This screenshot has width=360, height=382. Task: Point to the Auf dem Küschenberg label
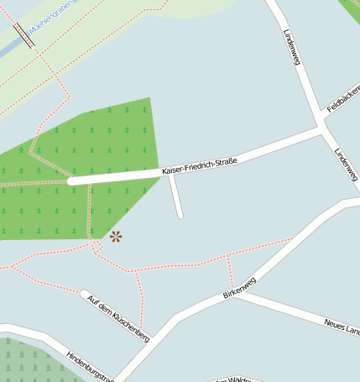click(x=117, y=318)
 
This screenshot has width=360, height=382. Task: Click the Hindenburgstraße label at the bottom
click(x=89, y=366)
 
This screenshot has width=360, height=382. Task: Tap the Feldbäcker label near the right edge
click(x=342, y=102)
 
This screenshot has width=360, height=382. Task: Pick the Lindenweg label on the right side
click(x=346, y=165)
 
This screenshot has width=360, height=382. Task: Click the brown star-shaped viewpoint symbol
click(x=115, y=237)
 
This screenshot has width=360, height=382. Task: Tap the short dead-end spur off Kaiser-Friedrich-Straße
click(x=175, y=196)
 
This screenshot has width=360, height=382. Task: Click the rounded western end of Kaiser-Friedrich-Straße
click(x=72, y=180)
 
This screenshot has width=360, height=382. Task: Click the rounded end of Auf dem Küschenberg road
click(x=85, y=294)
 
